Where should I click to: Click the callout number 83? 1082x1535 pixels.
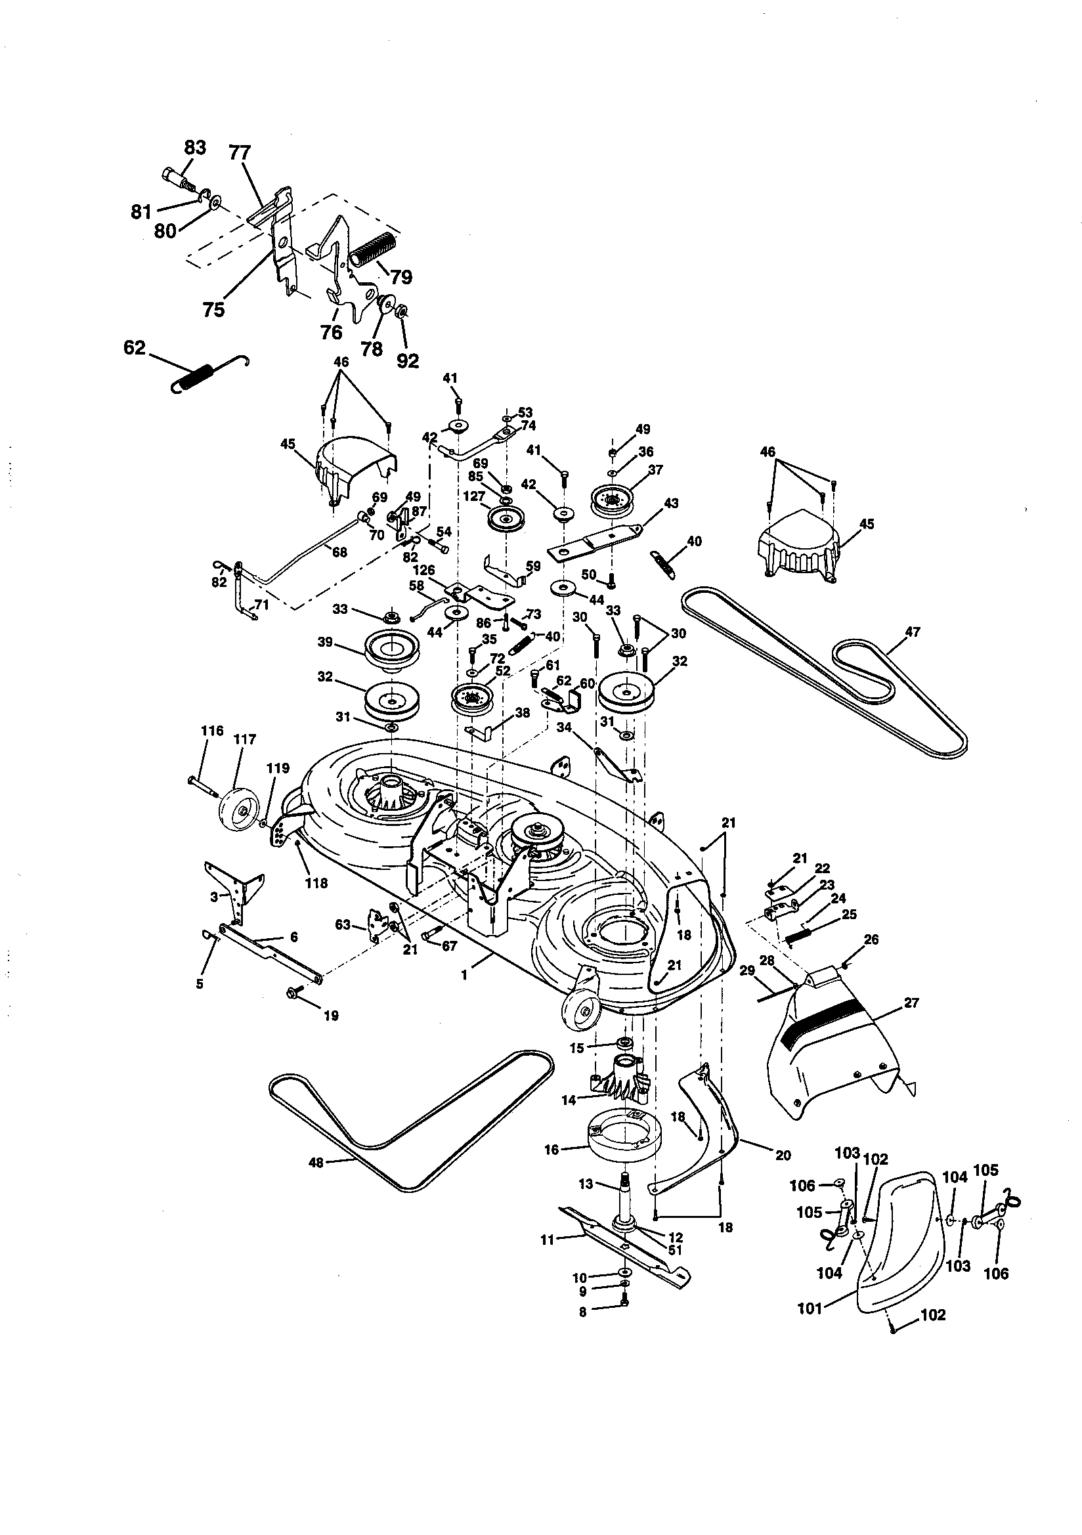point(194,147)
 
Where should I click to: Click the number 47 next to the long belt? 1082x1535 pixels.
point(912,632)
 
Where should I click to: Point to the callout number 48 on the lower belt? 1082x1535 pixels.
point(316,1163)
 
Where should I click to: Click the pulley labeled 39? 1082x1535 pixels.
point(391,651)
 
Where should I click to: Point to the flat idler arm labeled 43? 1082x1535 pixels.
point(595,540)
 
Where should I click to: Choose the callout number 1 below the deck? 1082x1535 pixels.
point(465,976)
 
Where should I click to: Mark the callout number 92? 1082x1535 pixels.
point(407,360)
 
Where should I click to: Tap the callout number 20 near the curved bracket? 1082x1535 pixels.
point(783,1155)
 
